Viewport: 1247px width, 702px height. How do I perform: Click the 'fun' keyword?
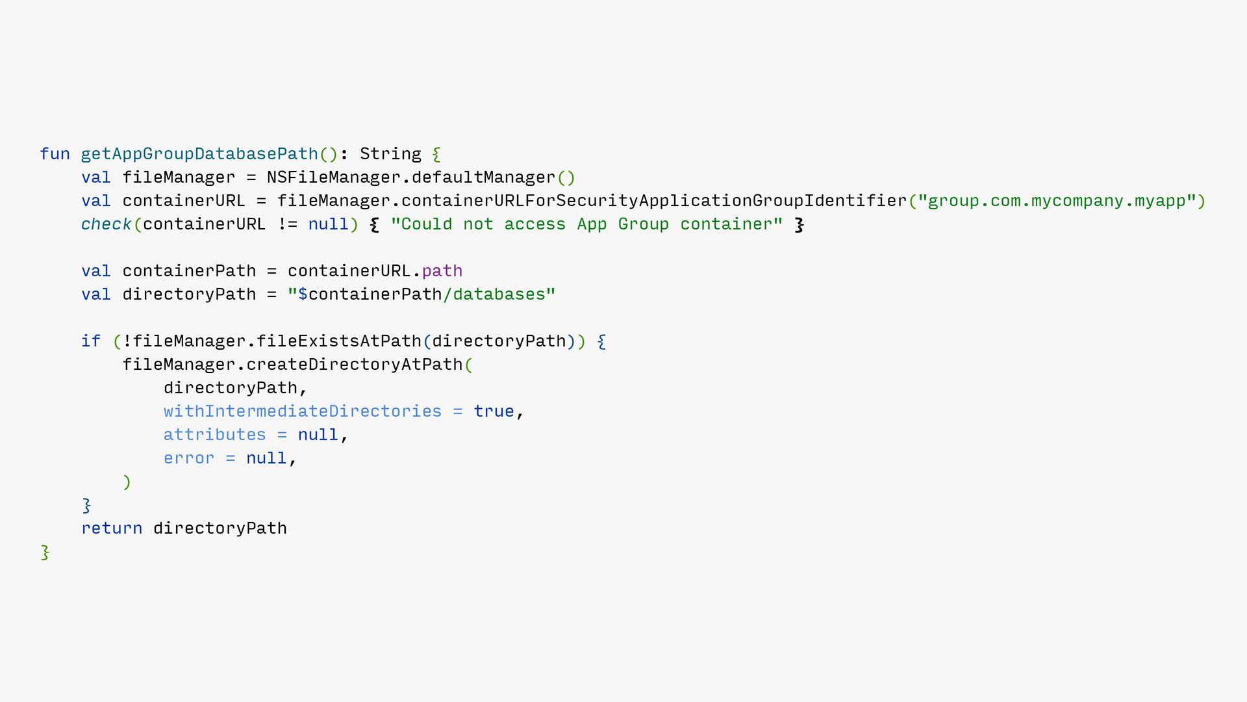(x=55, y=154)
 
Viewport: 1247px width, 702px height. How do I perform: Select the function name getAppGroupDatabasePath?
(x=199, y=154)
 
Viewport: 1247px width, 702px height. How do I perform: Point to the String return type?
(x=390, y=154)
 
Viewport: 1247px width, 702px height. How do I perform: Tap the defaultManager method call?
(x=483, y=177)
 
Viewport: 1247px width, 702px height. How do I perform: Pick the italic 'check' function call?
(x=106, y=224)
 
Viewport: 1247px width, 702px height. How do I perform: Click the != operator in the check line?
(x=287, y=224)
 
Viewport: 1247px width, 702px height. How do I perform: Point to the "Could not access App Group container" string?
(x=586, y=224)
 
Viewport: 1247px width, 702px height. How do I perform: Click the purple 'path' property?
(x=442, y=271)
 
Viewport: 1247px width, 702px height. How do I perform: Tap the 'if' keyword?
(x=91, y=341)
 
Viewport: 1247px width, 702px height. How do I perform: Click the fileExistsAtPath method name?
(x=338, y=341)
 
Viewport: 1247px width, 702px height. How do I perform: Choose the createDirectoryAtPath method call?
(x=354, y=365)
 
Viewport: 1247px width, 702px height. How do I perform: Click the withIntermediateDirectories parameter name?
(x=302, y=411)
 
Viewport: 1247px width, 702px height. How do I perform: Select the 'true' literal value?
(x=494, y=411)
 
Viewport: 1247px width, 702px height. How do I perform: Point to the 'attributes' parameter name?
(x=214, y=435)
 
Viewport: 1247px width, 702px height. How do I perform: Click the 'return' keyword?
(x=112, y=528)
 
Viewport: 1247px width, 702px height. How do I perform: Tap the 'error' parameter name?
(x=188, y=458)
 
